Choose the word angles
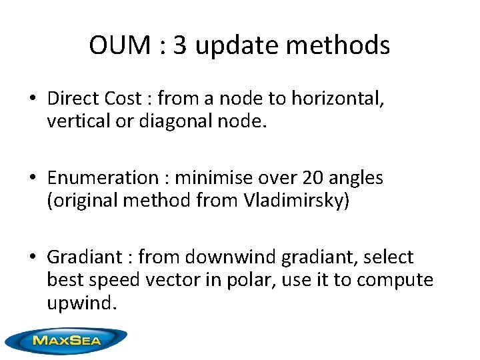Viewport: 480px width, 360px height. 357,178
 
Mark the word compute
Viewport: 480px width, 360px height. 395,280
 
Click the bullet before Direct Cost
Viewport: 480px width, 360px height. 32,99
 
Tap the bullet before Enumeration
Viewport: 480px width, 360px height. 32,178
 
